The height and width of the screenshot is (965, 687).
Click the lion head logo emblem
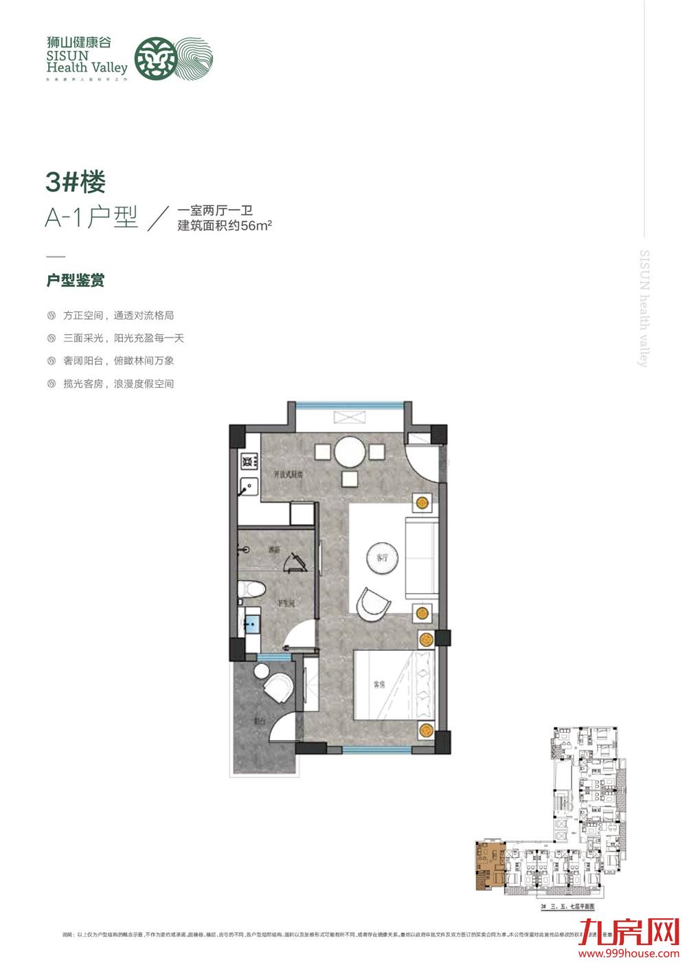pyautogui.click(x=152, y=58)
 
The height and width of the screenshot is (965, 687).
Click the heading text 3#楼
pyautogui.click(x=76, y=182)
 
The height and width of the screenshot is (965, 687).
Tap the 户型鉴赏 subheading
pyautogui.click(x=76, y=280)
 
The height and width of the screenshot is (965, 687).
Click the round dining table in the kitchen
pyautogui.click(x=351, y=452)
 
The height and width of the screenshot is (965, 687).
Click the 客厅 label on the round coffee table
pyautogui.click(x=383, y=557)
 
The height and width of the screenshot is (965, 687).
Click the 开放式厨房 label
pyautogui.click(x=289, y=474)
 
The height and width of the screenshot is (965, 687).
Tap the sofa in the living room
pyautogui.click(x=421, y=559)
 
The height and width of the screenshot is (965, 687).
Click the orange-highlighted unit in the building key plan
pyautogui.click(x=489, y=865)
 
